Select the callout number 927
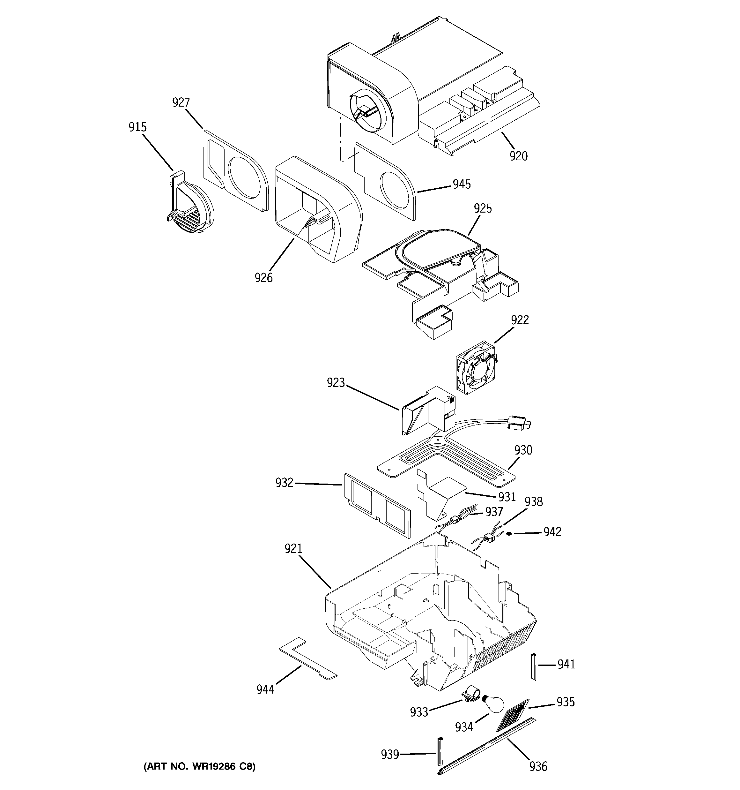[181, 102]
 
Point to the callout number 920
[518, 156]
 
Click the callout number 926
[264, 277]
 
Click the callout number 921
[293, 549]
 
